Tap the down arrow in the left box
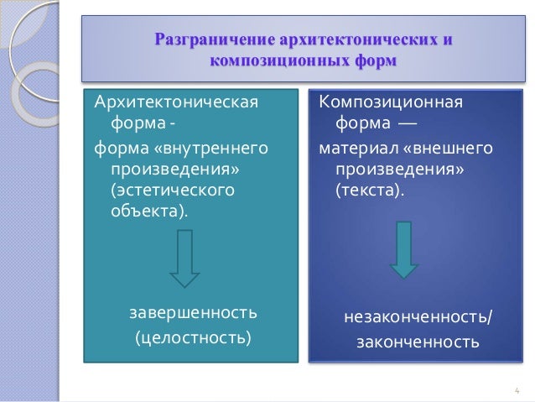(x=184, y=259)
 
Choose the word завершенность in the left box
(x=193, y=313)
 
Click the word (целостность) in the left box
(x=193, y=338)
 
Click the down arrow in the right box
(x=403, y=250)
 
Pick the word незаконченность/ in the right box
(x=418, y=318)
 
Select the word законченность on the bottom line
(x=418, y=342)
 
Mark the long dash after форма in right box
(x=405, y=126)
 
